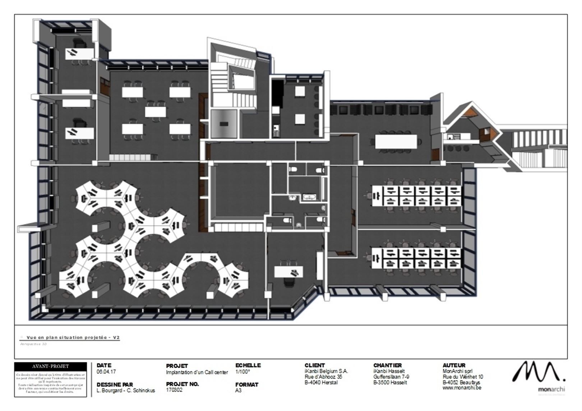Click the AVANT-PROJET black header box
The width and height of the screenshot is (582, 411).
tap(50, 366)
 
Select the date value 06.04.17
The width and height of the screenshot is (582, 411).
tap(106, 372)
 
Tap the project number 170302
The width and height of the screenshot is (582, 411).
tap(174, 390)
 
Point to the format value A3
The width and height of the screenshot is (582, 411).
tap(239, 390)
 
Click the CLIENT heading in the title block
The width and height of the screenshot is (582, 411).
tap(314, 365)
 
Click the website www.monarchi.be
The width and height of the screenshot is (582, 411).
tap(462, 388)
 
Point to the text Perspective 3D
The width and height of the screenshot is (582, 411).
tap(34, 344)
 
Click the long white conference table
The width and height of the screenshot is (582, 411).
tap(397, 141)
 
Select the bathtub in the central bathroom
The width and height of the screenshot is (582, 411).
tap(309, 197)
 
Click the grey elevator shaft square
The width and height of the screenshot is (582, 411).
tap(224, 124)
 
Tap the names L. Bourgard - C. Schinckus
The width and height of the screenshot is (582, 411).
tap(126, 390)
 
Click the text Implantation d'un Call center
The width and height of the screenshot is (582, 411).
tap(197, 372)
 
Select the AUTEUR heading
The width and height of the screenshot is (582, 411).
tap(454, 365)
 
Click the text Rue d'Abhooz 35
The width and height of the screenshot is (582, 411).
tap(323, 377)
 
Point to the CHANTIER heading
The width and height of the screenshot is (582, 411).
tap(387, 365)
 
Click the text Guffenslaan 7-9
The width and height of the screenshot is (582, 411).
tap(391, 377)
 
